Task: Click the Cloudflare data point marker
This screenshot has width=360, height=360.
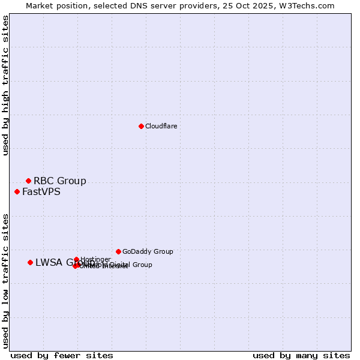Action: [x=141, y=126]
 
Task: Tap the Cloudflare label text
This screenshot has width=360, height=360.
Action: [x=161, y=126]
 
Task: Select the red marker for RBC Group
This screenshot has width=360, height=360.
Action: [x=28, y=181]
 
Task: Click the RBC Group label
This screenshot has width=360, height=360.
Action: [x=59, y=181]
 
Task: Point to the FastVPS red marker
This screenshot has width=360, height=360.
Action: [x=17, y=191]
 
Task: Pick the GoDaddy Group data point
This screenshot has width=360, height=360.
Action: [x=118, y=251]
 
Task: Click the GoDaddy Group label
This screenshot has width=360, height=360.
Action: [x=147, y=251]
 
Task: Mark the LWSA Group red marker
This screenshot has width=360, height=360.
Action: [x=30, y=262]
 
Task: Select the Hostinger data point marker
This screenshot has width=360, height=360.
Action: [x=76, y=259]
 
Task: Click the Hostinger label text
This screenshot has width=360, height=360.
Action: [x=95, y=259]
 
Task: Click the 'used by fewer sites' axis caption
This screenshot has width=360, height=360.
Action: [x=62, y=355]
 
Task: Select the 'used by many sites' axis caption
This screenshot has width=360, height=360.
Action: [x=301, y=355]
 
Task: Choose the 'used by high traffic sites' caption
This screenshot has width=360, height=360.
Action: [x=5, y=85]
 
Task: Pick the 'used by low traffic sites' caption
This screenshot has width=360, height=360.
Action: [x=5, y=280]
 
